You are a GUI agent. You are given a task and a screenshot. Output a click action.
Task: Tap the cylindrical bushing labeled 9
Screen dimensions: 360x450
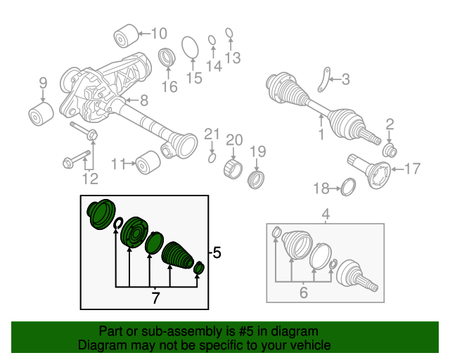pyautogui.click(x=42, y=114)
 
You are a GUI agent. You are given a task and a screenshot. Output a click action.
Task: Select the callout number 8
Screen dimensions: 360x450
pyautogui.click(x=143, y=100)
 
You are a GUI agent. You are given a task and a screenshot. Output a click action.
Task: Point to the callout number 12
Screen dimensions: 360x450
pyautogui.click(x=89, y=179)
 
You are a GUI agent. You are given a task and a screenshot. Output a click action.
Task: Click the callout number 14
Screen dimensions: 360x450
pyautogui.click(x=214, y=66)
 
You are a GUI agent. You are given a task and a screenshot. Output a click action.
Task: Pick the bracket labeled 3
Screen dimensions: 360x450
pyautogui.click(x=324, y=79)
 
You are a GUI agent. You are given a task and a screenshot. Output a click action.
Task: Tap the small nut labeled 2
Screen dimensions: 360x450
pyautogui.click(x=390, y=150)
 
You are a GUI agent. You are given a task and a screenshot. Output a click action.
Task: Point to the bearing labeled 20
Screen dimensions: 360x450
pyautogui.click(x=233, y=169)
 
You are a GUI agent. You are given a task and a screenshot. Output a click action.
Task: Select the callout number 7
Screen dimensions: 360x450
pyautogui.click(x=155, y=298)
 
